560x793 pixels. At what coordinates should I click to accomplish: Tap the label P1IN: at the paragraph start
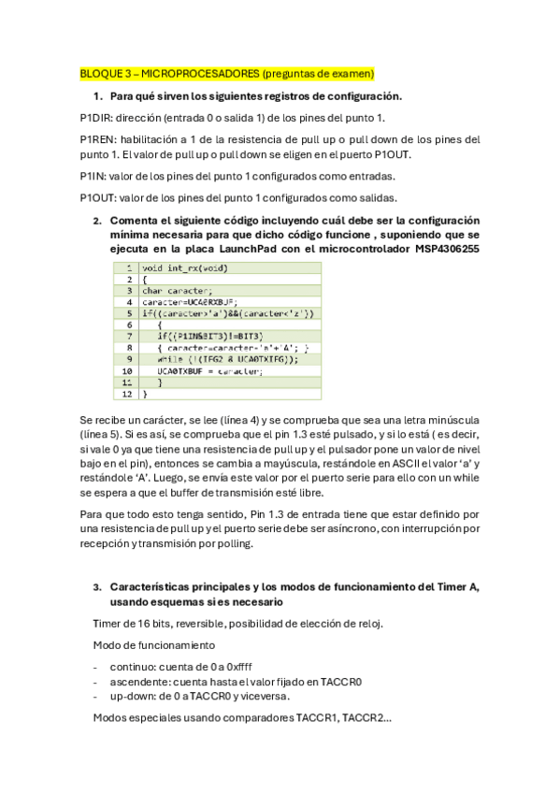[x=94, y=176]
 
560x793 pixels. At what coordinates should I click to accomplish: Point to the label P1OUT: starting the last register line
[x=99, y=197]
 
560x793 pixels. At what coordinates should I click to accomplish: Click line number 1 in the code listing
[x=126, y=267]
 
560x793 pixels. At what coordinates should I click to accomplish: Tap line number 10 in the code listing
[x=126, y=370]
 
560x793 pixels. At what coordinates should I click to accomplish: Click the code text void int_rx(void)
[x=185, y=267]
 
